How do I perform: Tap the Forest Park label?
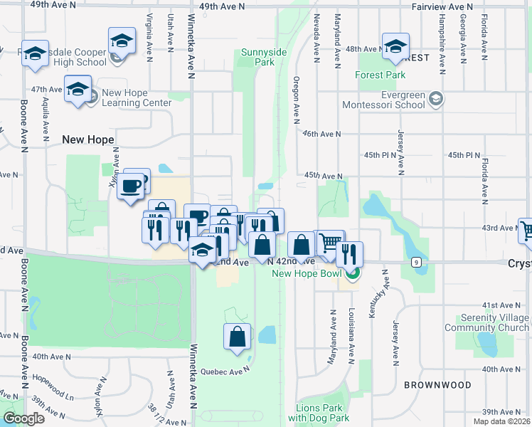click(x=381, y=75)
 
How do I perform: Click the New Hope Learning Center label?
click(x=137, y=97)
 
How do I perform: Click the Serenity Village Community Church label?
click(x=487, y=323)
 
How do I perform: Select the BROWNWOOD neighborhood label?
click(x=437, y=385)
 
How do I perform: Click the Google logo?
click(x=24, y=418)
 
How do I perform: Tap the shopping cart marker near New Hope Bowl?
click(x=329, y=243)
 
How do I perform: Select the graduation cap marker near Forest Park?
click(x=395, y=45)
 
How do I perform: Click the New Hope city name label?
click(x=88, y=139)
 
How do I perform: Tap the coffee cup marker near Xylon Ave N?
click(x=131, y=187)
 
